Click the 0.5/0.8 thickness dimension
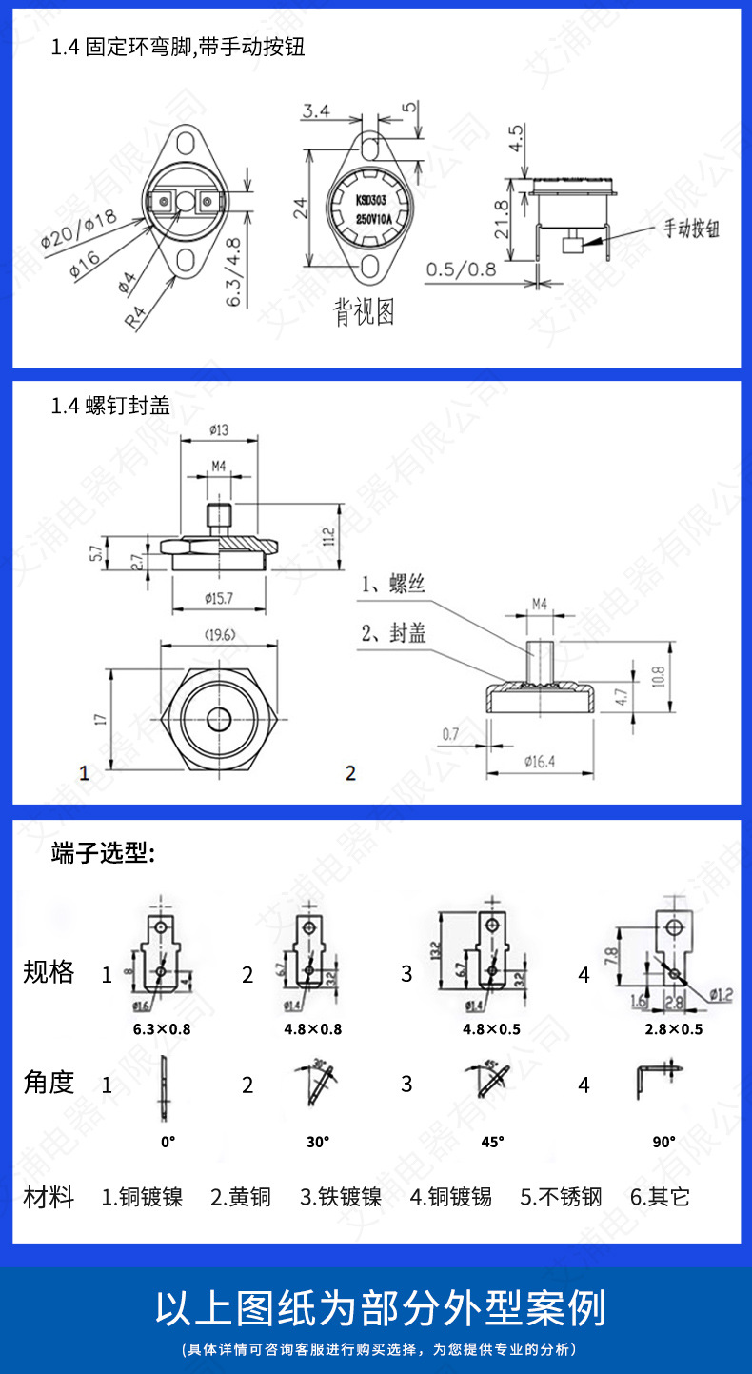click(x=462, y=269)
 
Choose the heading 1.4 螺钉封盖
click(x=110, y=407)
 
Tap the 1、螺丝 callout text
click(x=393, y=585)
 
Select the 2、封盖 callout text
click(x=393, y=632)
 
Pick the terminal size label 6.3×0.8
click(x=162, y=1028)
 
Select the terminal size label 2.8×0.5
click(x=674, y=1028)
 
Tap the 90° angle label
click(x=664, y=1140)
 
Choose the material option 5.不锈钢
click(x=561, y=1197)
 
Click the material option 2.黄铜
click(x=241, y=1197)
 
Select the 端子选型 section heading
click(x=103, y=853)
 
